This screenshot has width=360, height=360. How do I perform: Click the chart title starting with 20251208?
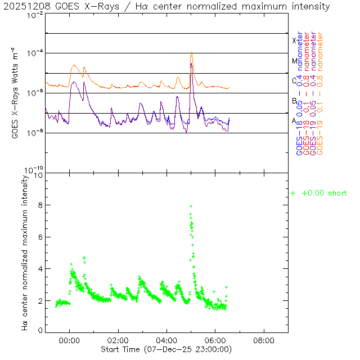(167, 7)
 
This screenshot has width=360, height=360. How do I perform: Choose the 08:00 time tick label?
(264, 340)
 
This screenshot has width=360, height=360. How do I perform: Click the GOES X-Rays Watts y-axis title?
(16, 94)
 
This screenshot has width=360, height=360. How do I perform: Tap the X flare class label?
(294, 40)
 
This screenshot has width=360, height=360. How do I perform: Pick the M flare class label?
(294, 61)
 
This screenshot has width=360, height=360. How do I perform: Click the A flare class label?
(294, 121)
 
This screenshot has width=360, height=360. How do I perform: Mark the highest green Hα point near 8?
(191, 206)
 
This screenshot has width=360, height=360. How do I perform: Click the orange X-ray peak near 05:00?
(191, 52)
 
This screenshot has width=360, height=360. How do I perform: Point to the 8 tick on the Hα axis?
(39, 206)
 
